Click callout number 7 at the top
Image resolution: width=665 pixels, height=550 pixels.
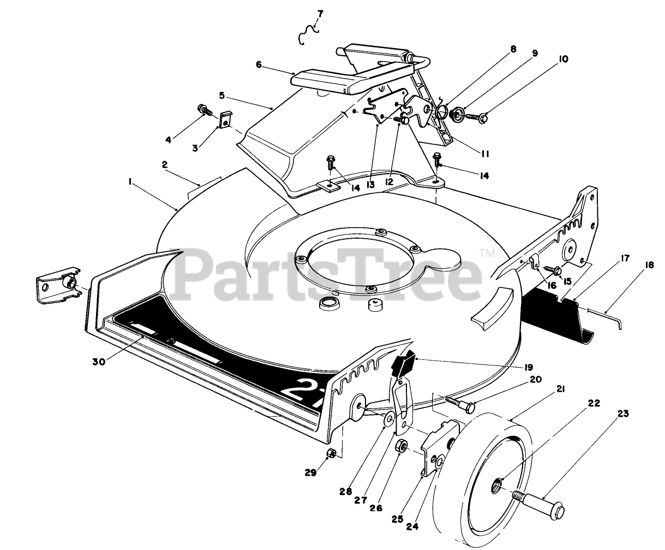point(320,13)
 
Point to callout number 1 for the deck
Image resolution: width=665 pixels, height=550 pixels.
point(131,185)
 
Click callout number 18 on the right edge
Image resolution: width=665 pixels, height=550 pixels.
point(649,265)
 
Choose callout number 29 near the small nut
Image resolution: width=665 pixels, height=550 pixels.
point(310,473)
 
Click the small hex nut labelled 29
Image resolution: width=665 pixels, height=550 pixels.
point(330,453)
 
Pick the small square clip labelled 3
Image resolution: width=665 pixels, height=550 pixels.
point(226,120)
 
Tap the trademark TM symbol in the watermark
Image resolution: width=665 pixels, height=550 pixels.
point(484,252)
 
